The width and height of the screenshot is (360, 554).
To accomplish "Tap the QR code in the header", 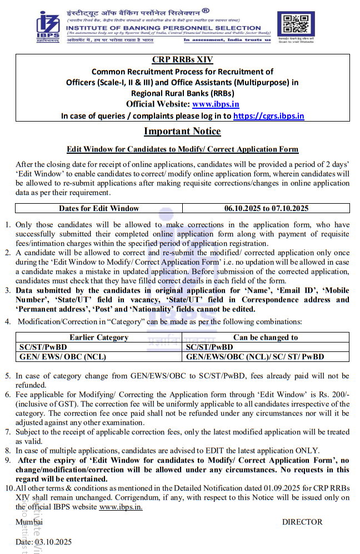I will pyautogui.click(x=295, y=24).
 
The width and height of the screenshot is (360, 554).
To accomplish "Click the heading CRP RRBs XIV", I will pyautogui.click(x=182, y=60).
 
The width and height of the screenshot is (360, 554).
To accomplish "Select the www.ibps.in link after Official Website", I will pyautogui.click(x=216, y=104).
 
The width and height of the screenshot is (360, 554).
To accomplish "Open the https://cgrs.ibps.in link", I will pyautogui.click(x=268, y=115).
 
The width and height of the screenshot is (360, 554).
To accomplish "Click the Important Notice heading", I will pyautogui.click(x=182, y=132).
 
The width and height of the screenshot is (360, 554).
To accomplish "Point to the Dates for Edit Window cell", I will pyautogui.click(x=99, y=208).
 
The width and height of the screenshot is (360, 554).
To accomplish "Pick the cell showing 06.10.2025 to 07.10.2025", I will pyautogui.click(x=266, y=208).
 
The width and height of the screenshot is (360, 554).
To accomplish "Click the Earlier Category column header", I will pyautogui.click(x=99, y=337).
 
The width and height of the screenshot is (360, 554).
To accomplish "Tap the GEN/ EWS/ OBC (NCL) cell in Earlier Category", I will pyautogui.click(x=62, y=356).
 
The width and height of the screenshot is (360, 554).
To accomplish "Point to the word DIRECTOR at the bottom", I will pyautogui.click(x=302, y=522).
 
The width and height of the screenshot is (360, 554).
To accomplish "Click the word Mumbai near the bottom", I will pyautogui.click(x=29, y=522).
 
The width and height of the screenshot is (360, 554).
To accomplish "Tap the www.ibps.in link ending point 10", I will pyautogui.click(x=121, y=506).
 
